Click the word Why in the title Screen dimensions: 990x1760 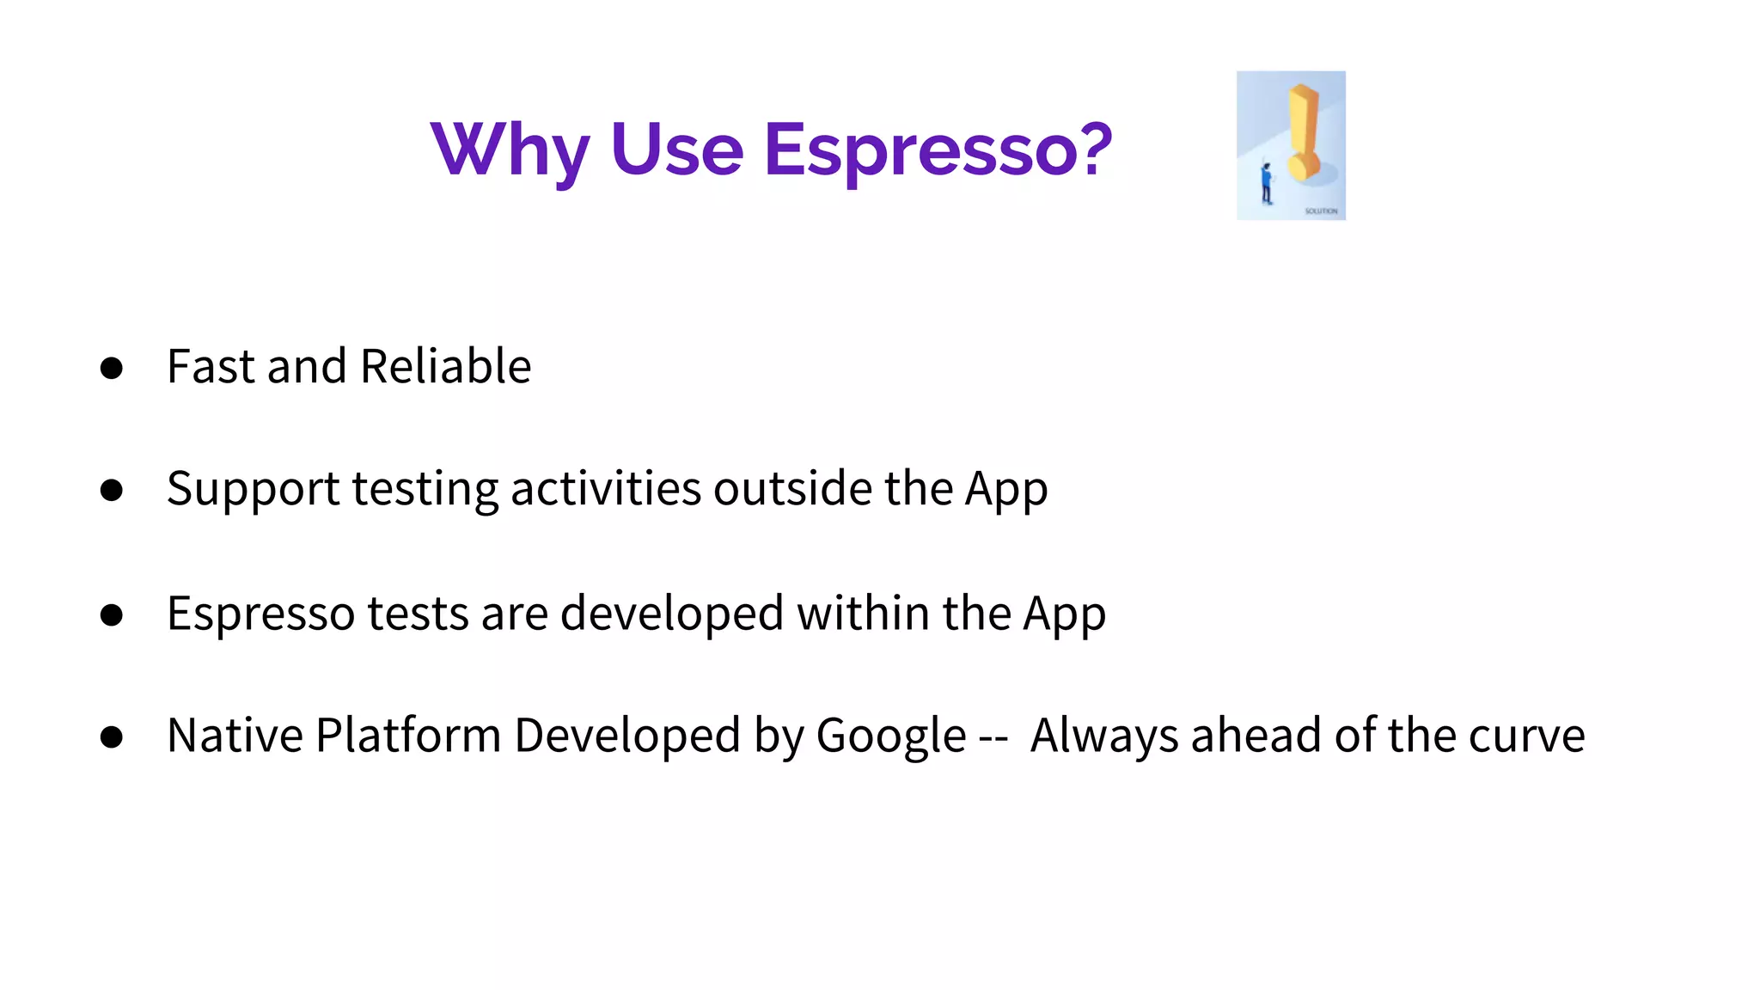coord(509,150)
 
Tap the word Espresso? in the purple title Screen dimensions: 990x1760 coord(938,150)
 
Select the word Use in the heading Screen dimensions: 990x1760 coord(676,150)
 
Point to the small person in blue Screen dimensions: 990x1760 coord(1266,183)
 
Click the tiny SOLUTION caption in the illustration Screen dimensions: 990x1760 coord(1321,211)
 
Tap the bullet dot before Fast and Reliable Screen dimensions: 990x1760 coord(111,369)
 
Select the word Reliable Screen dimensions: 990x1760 coord(445,367)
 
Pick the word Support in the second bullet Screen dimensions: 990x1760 coord(253,490)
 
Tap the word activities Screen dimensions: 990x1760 coord(606,488)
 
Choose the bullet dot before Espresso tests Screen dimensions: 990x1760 coord(111,615)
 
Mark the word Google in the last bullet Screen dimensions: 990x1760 coord(890,737)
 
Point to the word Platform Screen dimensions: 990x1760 coord(408,736)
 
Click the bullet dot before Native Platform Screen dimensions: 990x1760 coord(111,737)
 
